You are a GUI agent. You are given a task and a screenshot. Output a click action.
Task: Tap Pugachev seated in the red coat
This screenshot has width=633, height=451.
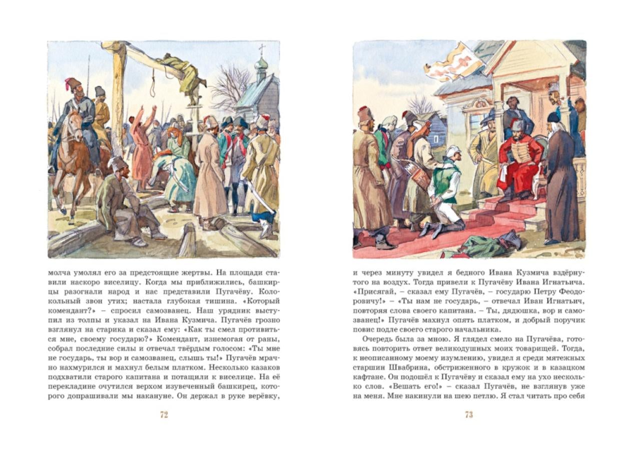[x=520, y=158]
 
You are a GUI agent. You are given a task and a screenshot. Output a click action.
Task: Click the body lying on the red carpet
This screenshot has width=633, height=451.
[x=490, y=245]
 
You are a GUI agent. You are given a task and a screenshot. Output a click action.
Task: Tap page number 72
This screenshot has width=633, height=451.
[x=164, y=414]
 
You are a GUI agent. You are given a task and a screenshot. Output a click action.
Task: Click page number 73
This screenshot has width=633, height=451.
[x=469, y=414]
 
